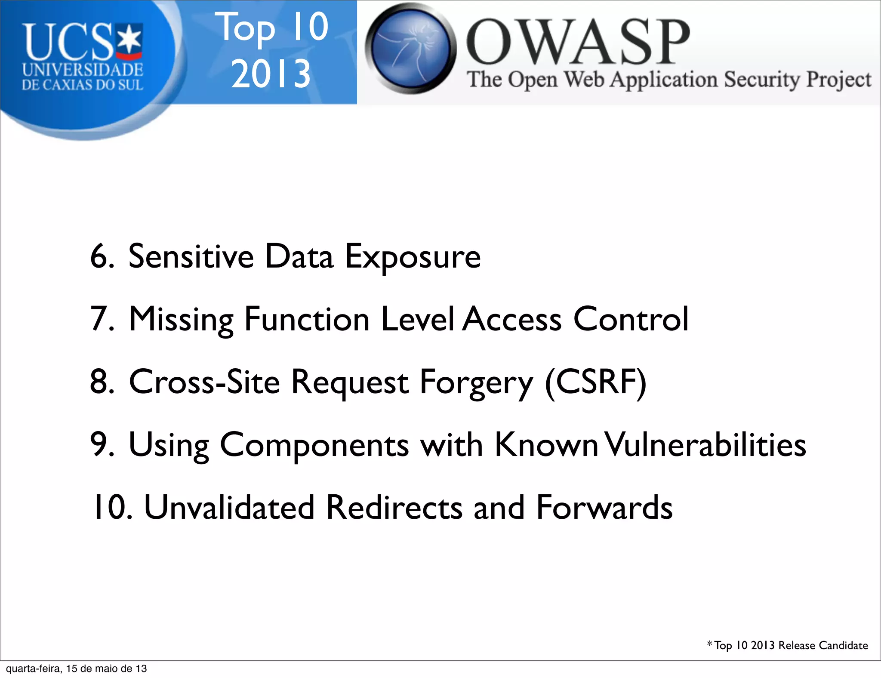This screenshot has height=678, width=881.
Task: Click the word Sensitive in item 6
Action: tap(191, 256)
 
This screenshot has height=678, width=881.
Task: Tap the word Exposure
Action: tap(413, 257)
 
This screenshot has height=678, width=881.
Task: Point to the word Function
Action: tap(307, 319)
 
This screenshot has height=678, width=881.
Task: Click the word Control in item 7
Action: tap(631, 319)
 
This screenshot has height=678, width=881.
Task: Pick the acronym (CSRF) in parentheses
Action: tap(596, 382)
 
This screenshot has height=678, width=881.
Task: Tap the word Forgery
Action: tap(476, 383)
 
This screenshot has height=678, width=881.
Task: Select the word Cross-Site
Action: tap(204, 382)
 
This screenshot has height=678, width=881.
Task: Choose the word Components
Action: tap(314, 446)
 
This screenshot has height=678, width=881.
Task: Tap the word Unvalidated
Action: tap(229, 508)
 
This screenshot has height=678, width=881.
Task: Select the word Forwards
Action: tap(604, 508)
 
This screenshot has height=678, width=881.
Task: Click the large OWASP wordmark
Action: tap(578, 42)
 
